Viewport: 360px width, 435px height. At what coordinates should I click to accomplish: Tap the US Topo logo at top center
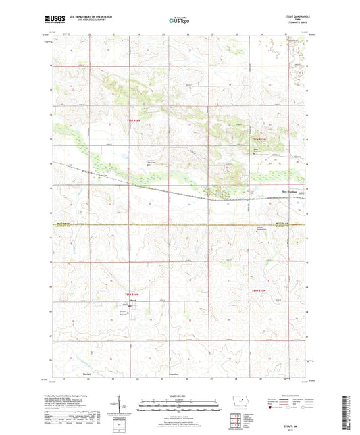(178, 21)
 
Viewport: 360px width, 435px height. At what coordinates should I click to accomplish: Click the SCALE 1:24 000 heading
(180, 396)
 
